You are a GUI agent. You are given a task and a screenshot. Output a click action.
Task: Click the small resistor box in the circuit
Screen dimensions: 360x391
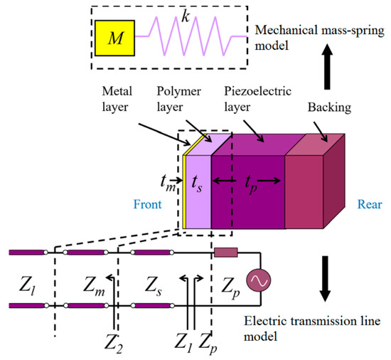tap(226, 253)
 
